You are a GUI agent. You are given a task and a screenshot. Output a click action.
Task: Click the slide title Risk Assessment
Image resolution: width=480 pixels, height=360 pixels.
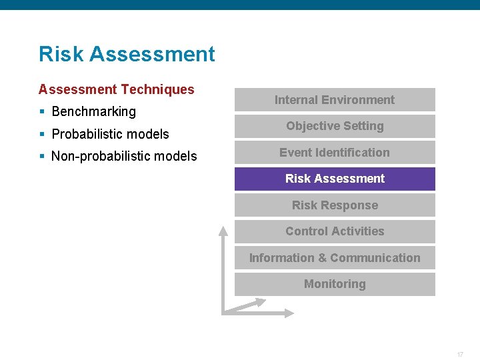coord(127,54)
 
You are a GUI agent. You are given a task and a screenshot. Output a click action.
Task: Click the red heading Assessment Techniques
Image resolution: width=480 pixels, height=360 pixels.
coord(117,89)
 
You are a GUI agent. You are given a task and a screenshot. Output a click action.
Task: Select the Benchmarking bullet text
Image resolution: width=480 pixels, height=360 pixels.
coord(93,111)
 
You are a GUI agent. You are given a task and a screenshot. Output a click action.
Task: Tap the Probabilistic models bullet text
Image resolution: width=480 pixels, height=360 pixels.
coord(110,134)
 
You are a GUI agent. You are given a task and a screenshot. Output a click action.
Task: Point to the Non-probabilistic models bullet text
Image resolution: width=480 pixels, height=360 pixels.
coord(124,156)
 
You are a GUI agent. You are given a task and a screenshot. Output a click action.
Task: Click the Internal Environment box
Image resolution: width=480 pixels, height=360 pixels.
coord(335,100)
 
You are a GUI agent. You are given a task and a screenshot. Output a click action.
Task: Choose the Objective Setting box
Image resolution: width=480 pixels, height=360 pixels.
coord(335,126)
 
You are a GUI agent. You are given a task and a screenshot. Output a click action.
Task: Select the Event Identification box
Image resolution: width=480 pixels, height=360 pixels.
coord(335,153)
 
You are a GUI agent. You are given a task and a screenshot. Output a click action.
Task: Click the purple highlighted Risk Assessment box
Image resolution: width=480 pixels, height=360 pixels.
coord(335,179)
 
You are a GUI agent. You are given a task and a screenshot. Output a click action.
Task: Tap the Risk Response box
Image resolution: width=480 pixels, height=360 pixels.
coord(335,205)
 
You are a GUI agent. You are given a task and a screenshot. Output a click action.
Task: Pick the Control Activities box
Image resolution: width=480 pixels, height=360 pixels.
coord(335,231)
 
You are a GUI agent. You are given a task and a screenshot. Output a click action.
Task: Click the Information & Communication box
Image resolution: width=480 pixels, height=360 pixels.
coord(335,258)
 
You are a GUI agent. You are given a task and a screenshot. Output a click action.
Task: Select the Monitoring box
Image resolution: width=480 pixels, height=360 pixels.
coord(335,284)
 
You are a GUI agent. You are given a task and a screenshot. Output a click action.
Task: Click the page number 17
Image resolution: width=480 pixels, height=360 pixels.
coord(460,354)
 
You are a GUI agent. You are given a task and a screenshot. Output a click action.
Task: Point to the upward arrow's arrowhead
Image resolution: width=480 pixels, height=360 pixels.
coord(223,231)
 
